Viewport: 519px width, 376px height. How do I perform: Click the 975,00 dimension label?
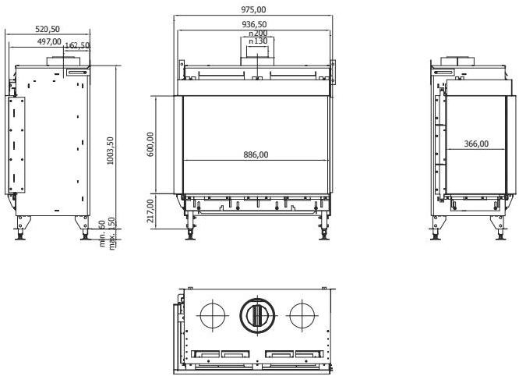(x=254, y=9)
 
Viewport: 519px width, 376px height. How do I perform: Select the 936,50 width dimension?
(x=254, y=24)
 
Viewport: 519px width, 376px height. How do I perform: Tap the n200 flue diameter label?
(x=257, y=34)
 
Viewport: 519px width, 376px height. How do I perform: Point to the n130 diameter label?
(x=257, y=41)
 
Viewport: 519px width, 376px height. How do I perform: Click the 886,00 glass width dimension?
(x=255, y=154)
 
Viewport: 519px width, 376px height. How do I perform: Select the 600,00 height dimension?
(x=150, y=144)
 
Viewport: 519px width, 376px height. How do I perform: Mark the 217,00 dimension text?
(x=150, y=211)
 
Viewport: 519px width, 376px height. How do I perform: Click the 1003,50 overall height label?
(x=111, y=148)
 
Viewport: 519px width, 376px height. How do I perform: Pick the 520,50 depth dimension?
(x=49, y=29)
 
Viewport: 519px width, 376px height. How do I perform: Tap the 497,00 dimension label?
(x=48, y=41)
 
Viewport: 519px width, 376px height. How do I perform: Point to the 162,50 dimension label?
(x=77, y=46)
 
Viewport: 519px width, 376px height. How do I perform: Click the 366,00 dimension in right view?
(x=476, y=144)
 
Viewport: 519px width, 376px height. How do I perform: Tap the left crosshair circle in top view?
(x=211, y=315)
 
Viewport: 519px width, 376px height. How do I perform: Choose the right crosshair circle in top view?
(x=301, y=315)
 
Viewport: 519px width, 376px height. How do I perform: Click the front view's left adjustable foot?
(x=189, y=231)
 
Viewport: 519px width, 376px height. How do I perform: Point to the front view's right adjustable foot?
(x=322, y=231)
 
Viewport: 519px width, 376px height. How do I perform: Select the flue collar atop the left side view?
(x=59, y=61)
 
